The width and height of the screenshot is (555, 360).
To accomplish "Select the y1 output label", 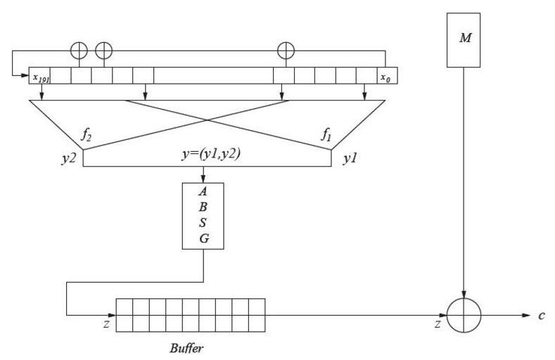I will click(350, 160).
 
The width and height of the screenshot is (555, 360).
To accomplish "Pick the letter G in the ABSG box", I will click(203, 239).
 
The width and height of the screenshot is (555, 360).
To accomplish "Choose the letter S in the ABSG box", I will click(203, 224).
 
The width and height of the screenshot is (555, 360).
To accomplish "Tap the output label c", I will click(542, 316).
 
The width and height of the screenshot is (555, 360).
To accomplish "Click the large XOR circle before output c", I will click(464, 314).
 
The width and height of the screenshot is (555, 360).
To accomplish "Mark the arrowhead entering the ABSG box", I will click(203, 179).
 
